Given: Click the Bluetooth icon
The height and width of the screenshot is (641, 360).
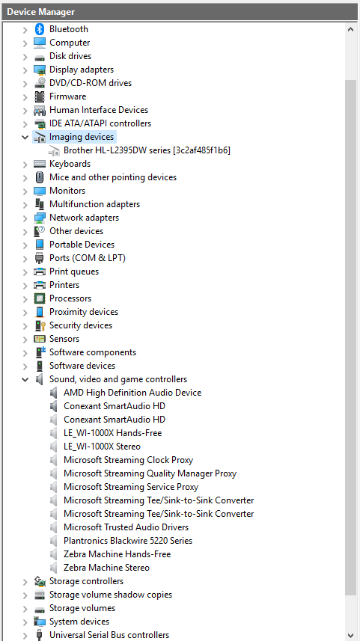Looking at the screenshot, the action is pyautogui.click(x=39, y=29).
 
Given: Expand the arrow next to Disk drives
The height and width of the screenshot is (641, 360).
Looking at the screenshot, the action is pyautogui.click(x=25, y=56).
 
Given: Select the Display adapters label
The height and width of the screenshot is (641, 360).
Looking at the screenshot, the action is pyautogui.click(x=82, y=70).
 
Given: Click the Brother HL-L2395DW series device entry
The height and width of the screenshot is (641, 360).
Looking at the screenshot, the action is pyautogui.click(x=147, y=150).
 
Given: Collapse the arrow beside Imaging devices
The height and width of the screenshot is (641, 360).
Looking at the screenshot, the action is pyautogui.click(x=25, y=138).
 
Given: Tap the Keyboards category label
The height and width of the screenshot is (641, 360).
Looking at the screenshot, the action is pyautogui.click(x=70, y=164).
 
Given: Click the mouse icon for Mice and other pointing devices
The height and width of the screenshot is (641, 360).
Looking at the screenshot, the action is pyautogui.click(x=40, y=177).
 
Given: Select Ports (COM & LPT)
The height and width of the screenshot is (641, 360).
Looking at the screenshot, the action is pyautogui.click(x=88, y=258).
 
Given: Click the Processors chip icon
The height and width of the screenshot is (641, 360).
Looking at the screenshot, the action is pyautogui.click(x=40, y=299).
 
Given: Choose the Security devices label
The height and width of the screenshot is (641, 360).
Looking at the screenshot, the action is pyautogui.click(x=81, y=325).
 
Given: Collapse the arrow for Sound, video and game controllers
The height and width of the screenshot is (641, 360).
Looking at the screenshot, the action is pyautogui.click(x=25, y=380).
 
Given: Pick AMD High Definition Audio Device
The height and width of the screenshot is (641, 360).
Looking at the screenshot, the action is pyautogui.click(x=132, y=393).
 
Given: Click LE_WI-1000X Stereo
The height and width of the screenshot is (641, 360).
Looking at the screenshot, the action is pyautogui.click(x=102, y=447).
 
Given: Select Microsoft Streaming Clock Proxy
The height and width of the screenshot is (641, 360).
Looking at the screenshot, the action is pyautogui.click(x=128, y=460).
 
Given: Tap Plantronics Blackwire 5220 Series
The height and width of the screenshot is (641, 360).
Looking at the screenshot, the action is pyautogui.click(x=128, y=541).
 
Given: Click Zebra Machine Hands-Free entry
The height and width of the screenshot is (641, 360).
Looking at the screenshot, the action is pyautogui.click(x=117, y=554).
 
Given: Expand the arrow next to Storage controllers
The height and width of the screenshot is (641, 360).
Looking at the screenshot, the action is pyautogui.click(x=25, y=582).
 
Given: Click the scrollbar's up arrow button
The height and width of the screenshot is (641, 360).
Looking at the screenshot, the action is pyautogui.click(x=350, y=29).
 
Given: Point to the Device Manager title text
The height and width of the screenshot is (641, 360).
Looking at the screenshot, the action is pyautogui.click(x=40, y=12).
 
